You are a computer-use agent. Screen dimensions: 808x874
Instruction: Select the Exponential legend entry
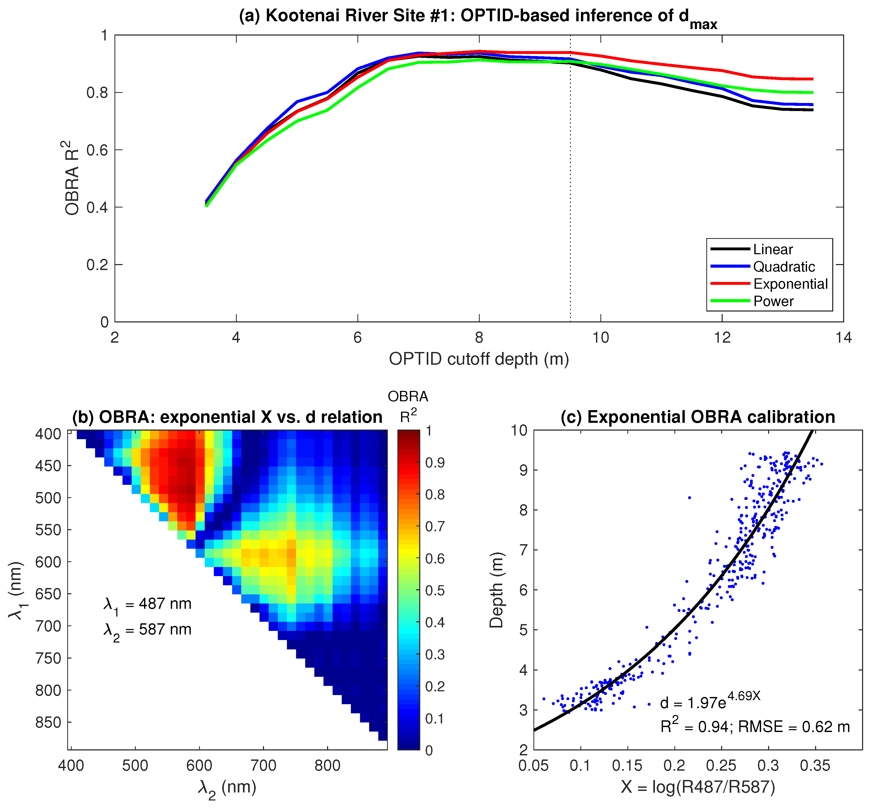(790, 284)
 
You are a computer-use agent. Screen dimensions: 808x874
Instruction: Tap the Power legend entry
(773, 301)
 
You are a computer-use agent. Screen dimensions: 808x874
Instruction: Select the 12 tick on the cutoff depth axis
(722, 337)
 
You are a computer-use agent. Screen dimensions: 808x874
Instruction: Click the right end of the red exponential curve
(812, 79)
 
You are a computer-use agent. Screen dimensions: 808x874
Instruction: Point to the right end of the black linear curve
(812, 110)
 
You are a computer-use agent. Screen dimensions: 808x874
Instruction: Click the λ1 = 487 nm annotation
(147, 604)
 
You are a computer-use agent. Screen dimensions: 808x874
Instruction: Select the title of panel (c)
(698, 417)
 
